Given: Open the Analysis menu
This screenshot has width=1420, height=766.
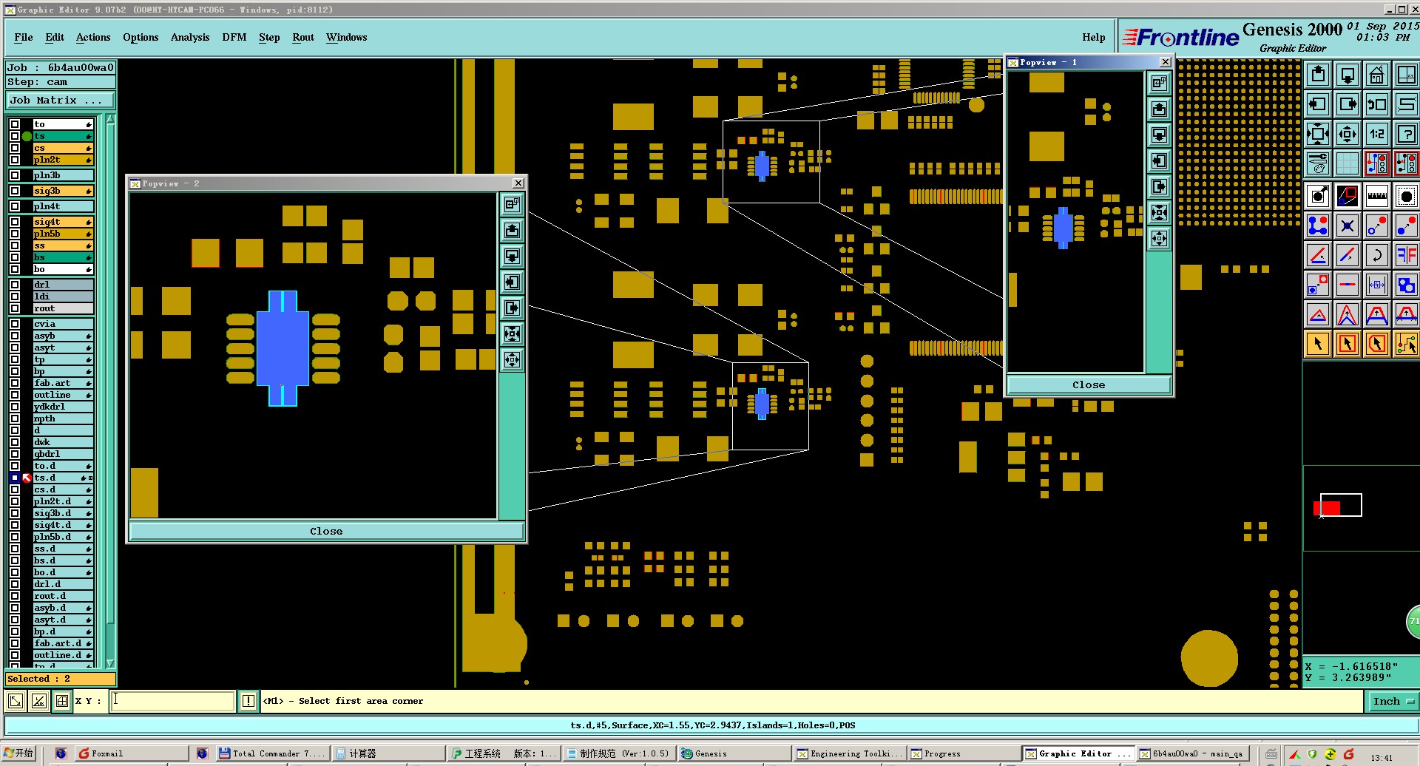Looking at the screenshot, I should pyautogui.click(x=189, y=37).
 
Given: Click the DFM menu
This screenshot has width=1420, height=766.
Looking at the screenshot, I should pyautogui.click(x=234, y=37).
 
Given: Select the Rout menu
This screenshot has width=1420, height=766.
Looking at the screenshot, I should pyautogui.click(x=302, y=37).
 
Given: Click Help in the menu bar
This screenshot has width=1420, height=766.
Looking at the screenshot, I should pyautogui.click(x=1093, y=37).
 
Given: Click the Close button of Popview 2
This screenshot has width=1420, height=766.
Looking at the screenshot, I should pyautogui.click(x=326, y=531).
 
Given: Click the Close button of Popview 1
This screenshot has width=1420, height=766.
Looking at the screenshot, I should pyautogui.click(x=1089, y=384).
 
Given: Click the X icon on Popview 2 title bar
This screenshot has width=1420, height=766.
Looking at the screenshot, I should pyautogui.click(x=518, y=183).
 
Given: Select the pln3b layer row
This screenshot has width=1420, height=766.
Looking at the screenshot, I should pyautogui.click(x=62, y=175).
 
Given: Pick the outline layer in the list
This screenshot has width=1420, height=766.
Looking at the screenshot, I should pyautogui.click(x=62, y=395).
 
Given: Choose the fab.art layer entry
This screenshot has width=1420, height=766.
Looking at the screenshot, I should pyautogui.click(x=62, y=383).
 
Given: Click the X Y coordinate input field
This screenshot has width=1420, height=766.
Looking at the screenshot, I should pyautogui.click(x=172, y=701).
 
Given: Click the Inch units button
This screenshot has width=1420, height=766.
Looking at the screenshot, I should pyautogui.click(x=1391, y=701).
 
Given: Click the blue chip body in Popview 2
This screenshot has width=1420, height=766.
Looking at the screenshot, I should pyautogui.click(x=283, y=348).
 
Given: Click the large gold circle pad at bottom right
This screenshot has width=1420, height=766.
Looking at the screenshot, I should pyautogui.click(x=1209, y=659).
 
